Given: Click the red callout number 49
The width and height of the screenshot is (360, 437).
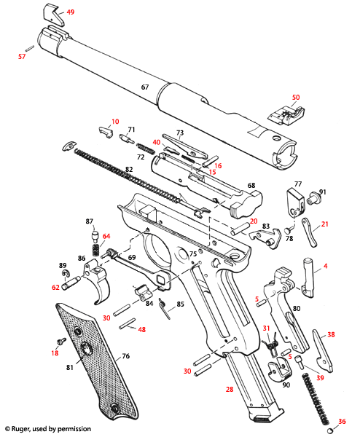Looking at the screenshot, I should coord(71,12).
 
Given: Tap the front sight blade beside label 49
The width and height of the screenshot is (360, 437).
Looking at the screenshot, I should coord(52,12).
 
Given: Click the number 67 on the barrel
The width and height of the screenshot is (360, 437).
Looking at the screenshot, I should coord(144,87).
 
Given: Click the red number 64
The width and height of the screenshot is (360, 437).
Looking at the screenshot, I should coord(106,236).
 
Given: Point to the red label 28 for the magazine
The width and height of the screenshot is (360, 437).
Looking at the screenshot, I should coord(230,391).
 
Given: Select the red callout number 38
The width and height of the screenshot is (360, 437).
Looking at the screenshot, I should coord(331,334).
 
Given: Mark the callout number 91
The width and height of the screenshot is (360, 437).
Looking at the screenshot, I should coord(323,192).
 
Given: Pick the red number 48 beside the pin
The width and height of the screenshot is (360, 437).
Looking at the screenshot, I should coord(142,329).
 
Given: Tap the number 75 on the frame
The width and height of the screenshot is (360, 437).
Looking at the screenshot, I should coord(193,253).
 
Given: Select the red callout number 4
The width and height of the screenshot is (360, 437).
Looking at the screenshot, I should coord(325,267).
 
